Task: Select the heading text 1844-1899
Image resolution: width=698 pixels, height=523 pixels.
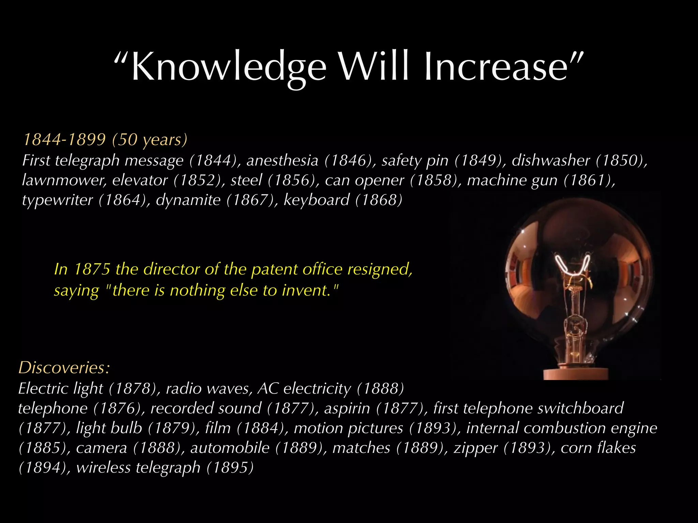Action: click(x=64, y=139)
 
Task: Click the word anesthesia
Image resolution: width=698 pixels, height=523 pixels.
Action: click(x=282, y=160)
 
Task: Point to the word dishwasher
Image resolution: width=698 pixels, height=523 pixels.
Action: click(x=551, y=160)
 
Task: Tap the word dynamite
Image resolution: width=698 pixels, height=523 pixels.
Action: click(x=188, y=200)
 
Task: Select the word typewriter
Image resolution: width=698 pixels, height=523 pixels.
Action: click(x=57, y=200)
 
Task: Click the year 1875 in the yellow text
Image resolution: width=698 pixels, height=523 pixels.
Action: click(x=92, y=269)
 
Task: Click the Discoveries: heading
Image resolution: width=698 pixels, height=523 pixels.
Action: click(x=64, y=367)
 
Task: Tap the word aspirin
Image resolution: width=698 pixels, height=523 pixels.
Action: click(x=347, y=408)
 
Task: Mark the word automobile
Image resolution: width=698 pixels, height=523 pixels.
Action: click(x=230, y=448)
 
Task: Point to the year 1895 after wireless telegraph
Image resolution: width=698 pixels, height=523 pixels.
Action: click(x=230, y=467)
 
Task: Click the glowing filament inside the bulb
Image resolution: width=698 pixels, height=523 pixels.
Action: click(x=573, y=266)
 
